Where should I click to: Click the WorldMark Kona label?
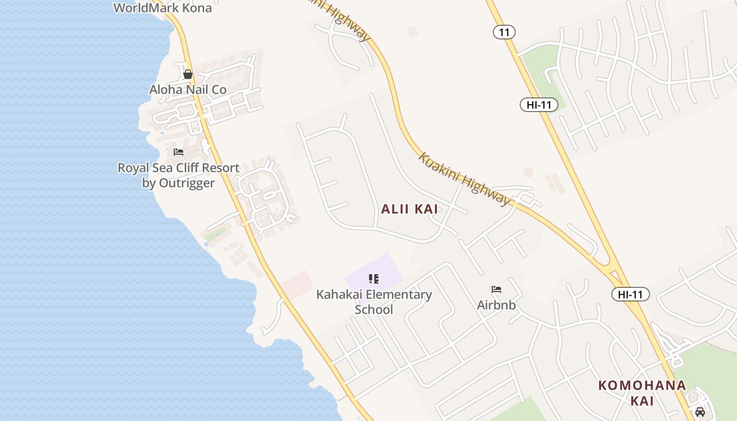pyautogui.click(x=163, y=8)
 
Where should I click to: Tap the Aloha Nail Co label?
pyautogui.click(x=188, y=89)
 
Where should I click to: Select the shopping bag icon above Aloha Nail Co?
pyautogui.click(x=188, y=74)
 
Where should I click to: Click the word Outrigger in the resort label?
pyautogui.click(x=178, y=183)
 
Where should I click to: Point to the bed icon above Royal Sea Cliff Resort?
pyautogui.click(x=178, y=153)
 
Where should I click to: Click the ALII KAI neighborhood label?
pyautogui.click(x=410, y=209)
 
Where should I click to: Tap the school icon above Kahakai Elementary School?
pyautogui.click(x=374, y=279)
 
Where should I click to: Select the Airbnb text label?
pyautogui.click(x=496, y=305)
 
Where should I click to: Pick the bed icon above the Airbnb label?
pyautogui.click(x=496, y=289)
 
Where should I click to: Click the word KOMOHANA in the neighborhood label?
pyautogui.click(x=642, y=385)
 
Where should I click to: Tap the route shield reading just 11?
pyautogui.click(x=504, y=32)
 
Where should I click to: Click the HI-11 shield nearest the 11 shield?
pyautogui.click(x=539, y=105)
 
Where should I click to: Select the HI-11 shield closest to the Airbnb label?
pyautogui.click(x=630, y=294)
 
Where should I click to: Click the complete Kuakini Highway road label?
pyautogui.click(x=465, y=179)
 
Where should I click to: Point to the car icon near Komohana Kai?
pyautogui.click(x=700, y=412)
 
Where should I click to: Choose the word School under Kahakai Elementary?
pyautogui.click(x=374, y=309)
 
